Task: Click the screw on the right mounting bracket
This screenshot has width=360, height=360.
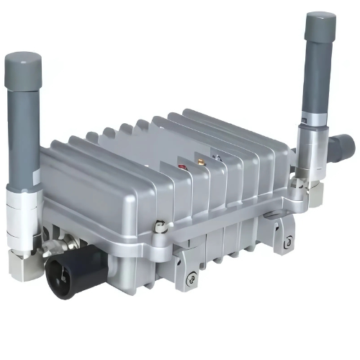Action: (x=288, y=243)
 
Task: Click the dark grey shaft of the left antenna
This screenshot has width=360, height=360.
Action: (x=23, y=137)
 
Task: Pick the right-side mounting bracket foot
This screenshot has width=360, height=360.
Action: (x=281, y=234)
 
